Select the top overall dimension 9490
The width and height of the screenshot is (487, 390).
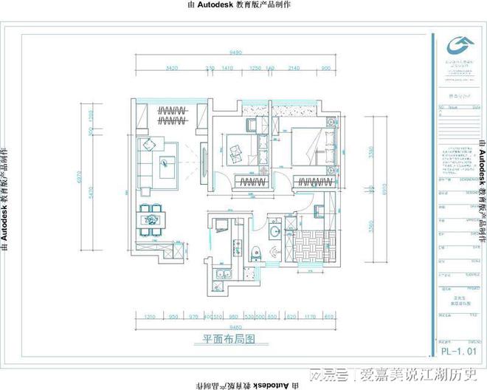point(236,53)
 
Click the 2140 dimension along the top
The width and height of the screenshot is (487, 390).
point(294,68)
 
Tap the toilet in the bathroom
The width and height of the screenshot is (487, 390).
point(256,273)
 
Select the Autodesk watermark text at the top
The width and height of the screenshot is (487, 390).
point(243,5)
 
